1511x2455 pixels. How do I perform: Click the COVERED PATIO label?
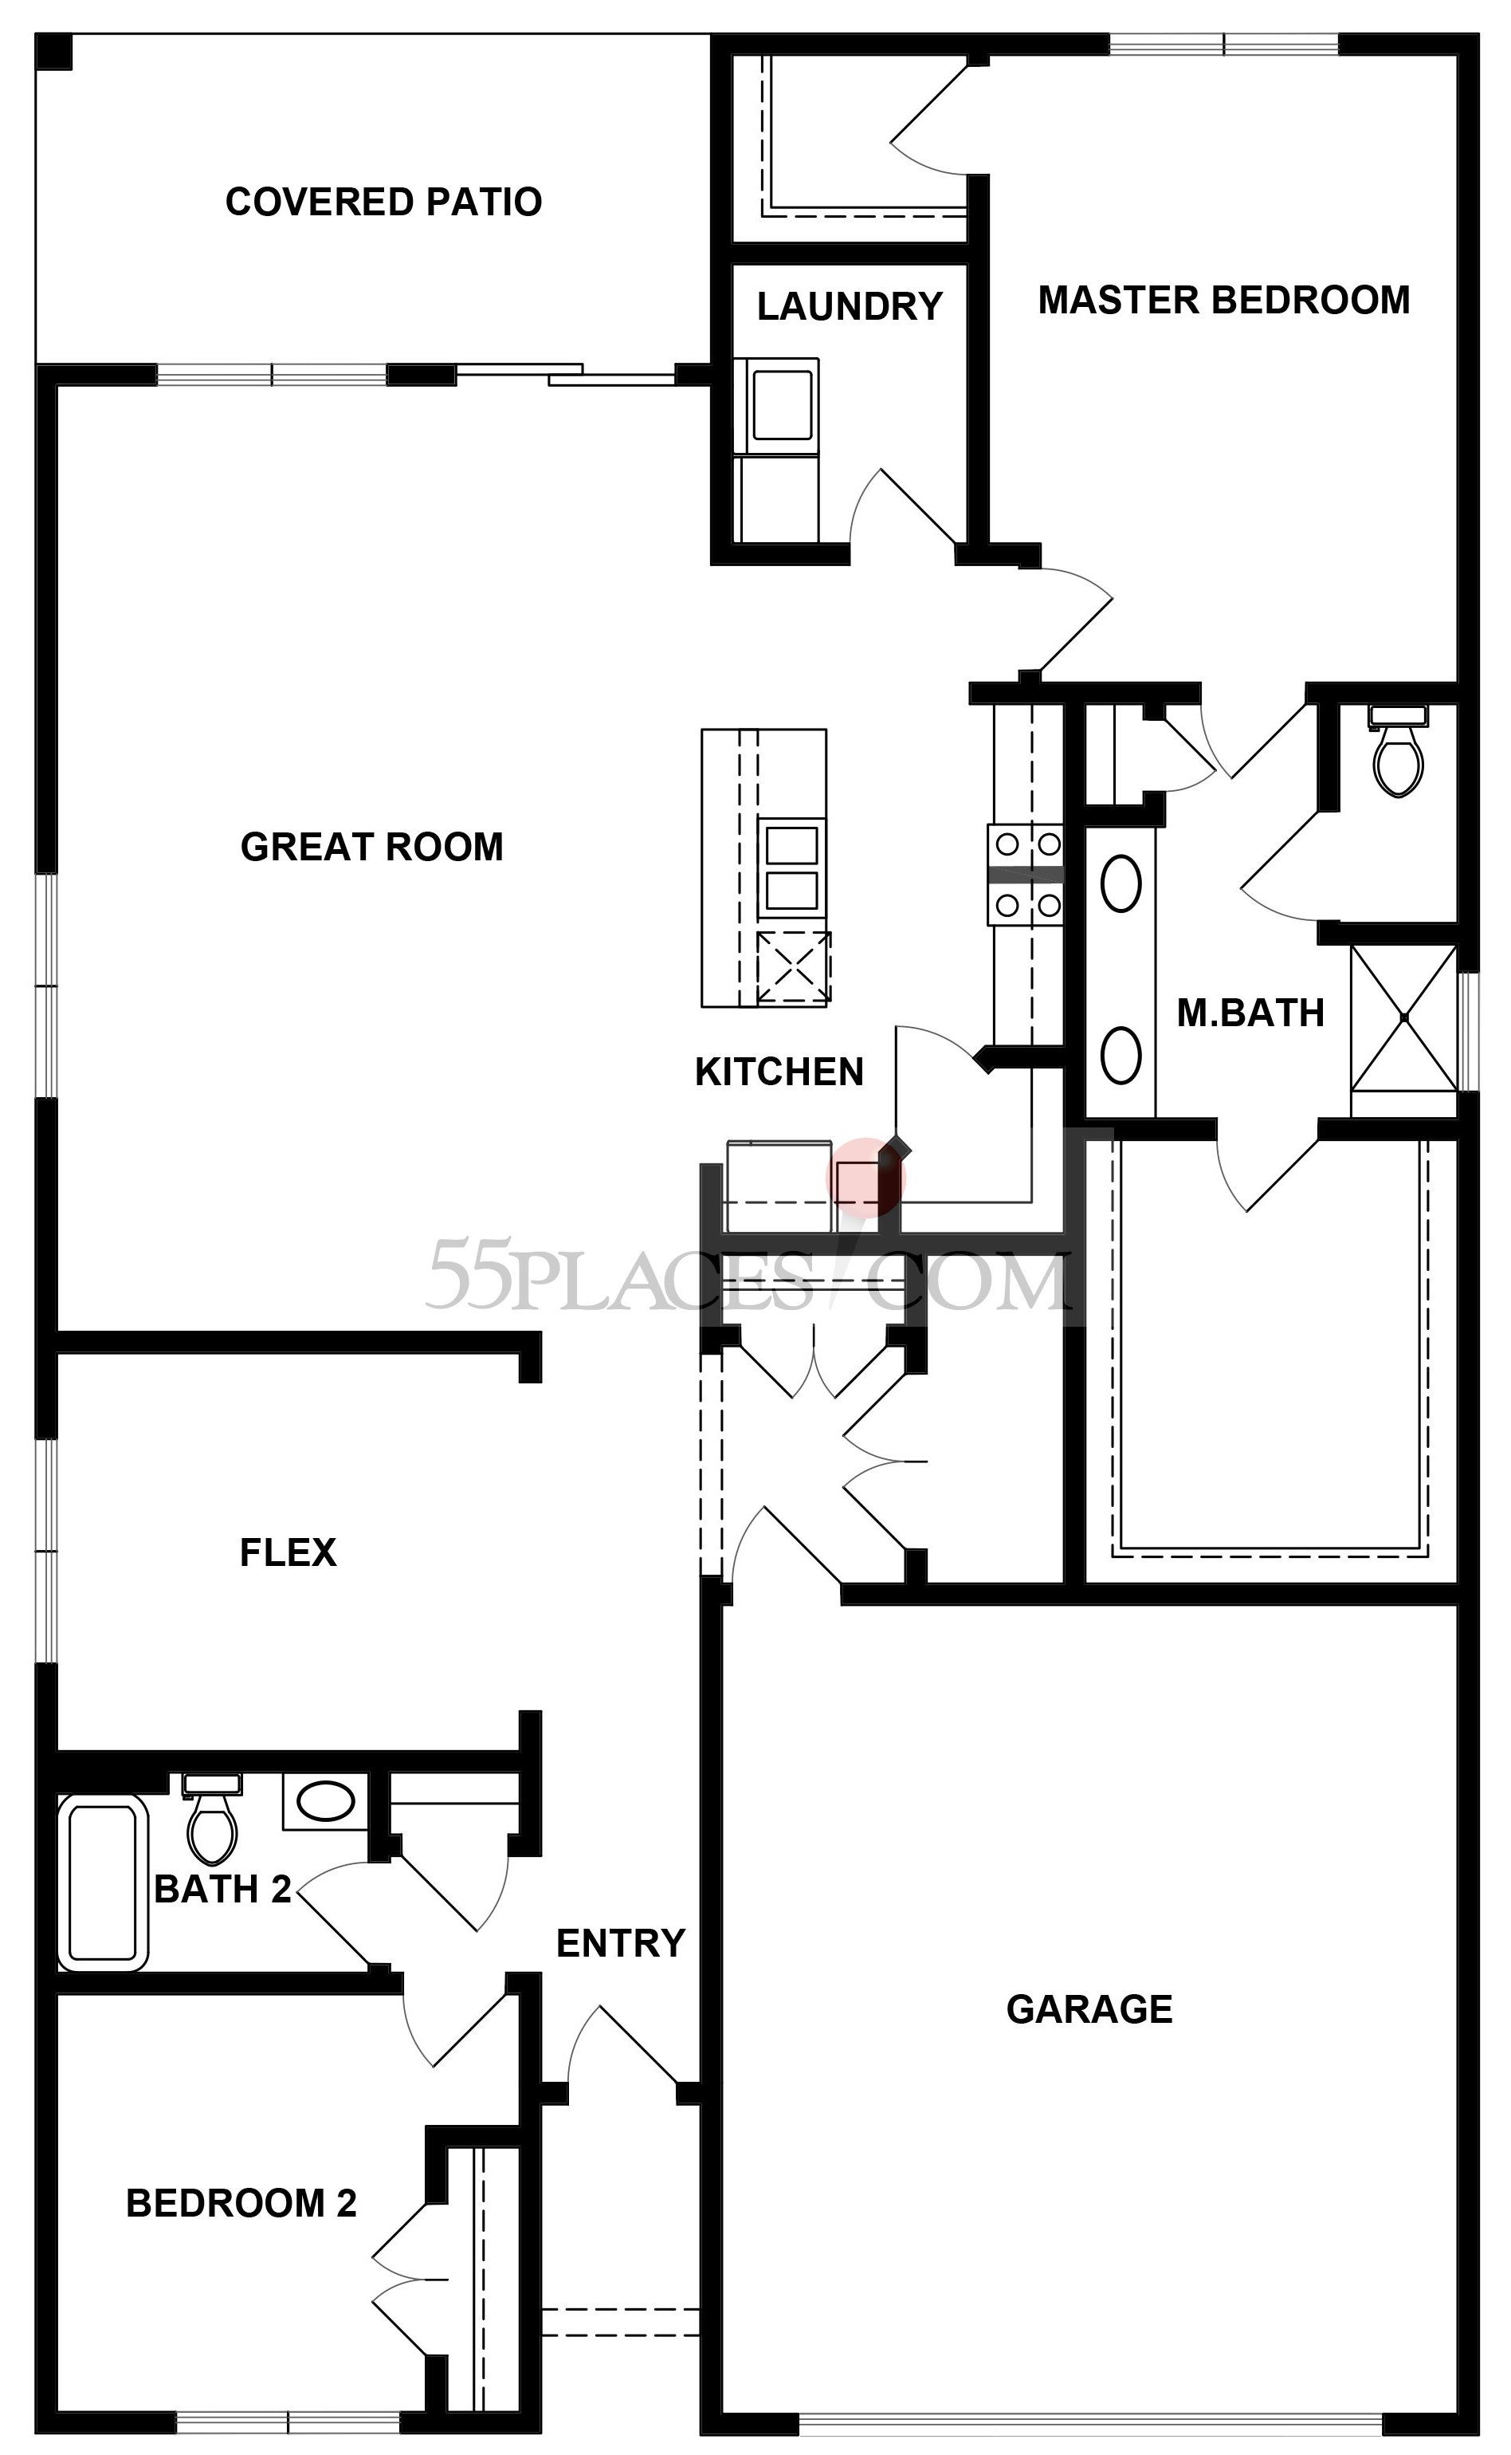[x=384, y=202]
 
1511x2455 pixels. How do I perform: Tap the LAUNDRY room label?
[x=850, y=306]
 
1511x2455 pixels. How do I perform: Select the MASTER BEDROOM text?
[x=1224, y=300]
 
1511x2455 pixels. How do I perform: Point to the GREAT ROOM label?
[x=371, y=847]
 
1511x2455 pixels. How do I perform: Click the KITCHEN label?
[x=779, y=1072]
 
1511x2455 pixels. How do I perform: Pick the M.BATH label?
[x=1250, y=1013]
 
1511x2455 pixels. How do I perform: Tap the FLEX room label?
[x=288, y=1552]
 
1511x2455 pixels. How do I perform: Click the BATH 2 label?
[x=223, y=1889]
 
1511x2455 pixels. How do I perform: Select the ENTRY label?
[x=621, y=1943]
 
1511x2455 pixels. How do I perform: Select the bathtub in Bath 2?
[x=103, y=1883]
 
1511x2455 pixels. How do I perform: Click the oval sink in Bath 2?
[x=326, y=1802]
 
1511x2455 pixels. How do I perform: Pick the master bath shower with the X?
[x=1404, y=1017]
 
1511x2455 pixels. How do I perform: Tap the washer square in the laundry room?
[x=782, y=405]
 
